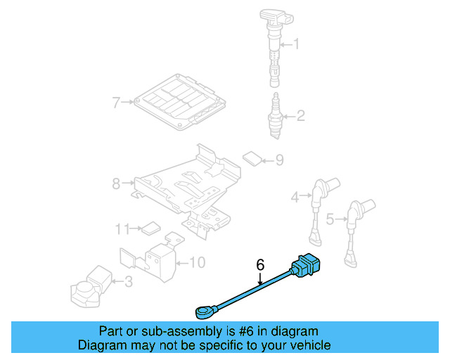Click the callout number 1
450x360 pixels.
click(x=296, y=45)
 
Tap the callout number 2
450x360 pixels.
click(x=300, y=116)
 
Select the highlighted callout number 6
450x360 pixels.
click(x=260, y=265)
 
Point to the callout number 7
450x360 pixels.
click(x=117, y=103)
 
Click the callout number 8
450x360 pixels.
click(x=117, y=184)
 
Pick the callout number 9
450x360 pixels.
click(x=279, y=161)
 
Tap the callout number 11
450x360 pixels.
click(x=122, y=228)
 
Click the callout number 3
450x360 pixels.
click(x=127, y=283)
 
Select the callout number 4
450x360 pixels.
click(x=296, y=198)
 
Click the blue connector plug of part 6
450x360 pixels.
click(x=307, y=264)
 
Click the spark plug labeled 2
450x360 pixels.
click(x=275, y=114)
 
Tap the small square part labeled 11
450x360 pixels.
click(x=150, y=228)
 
